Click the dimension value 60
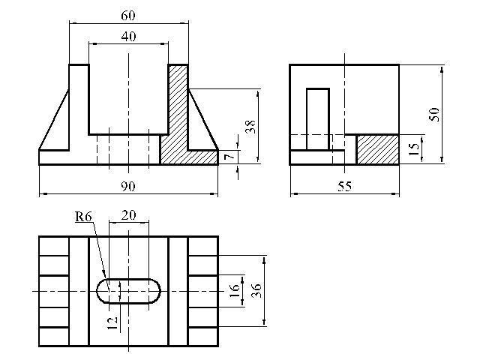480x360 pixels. point(128,15)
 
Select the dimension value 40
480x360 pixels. point(128,37)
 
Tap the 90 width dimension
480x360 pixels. point(128,186)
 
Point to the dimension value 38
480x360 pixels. point(250,127)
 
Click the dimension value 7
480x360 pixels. point(230,157)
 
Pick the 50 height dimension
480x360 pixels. point(434,114)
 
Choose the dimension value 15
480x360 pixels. point(413,149)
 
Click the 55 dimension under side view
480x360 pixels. point(345,186)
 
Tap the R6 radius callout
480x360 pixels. point(83,217)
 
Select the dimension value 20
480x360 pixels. point(128,215)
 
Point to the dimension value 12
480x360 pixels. point(112,323)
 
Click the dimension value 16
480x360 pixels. point(234,291)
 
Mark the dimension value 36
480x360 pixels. point(256,291)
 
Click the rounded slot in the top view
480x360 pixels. point(128,279)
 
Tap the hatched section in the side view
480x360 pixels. point(378,149)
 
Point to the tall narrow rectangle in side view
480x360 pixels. point(318,119)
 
